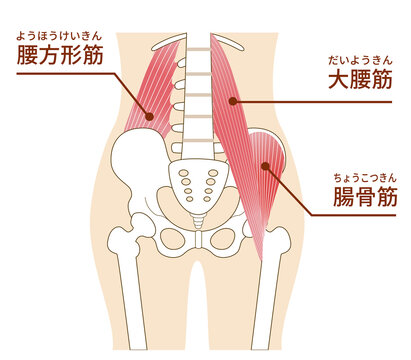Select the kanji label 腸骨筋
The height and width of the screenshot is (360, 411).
364,197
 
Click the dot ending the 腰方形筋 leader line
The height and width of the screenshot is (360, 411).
149,117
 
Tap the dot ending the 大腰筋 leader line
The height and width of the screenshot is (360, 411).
232,99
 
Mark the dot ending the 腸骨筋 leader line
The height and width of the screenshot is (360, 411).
265,166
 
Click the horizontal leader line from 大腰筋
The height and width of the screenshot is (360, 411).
290,99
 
